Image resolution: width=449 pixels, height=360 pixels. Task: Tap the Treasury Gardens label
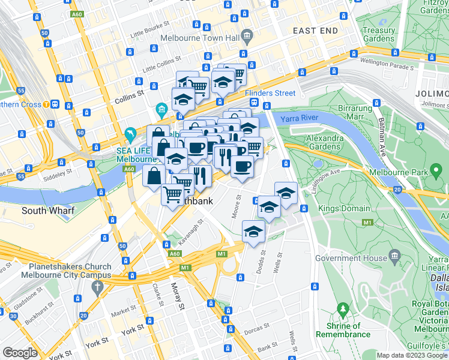pos(379,35)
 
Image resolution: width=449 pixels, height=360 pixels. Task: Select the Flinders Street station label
pos(270,93)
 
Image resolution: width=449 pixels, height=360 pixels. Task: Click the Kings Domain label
pos(337,208)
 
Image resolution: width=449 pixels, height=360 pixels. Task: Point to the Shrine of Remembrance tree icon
pos(343,311)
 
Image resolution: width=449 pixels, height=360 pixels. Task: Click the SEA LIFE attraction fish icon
pos(130,134)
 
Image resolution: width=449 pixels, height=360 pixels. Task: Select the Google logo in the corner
pos(20,353)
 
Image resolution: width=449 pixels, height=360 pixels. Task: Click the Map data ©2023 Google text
pos(412,355)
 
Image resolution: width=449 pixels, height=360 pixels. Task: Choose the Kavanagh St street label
pos(191,233)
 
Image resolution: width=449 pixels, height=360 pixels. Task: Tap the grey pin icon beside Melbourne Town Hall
pos(246,36)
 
